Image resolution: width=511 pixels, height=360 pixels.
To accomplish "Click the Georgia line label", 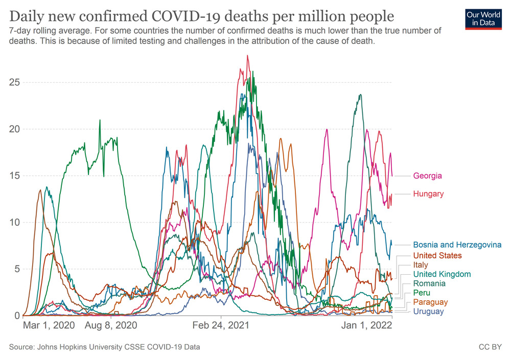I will (427, 176).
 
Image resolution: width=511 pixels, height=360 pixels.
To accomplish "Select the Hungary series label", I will (428, 194).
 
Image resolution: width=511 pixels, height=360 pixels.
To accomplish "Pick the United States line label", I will (437, 255).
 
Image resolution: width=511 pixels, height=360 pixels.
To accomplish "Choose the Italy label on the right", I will (421, 265).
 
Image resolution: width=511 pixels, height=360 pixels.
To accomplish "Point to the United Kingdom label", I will (442, 274).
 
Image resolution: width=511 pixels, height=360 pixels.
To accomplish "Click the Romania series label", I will (429, 283).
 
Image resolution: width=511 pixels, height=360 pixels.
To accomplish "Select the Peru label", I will (422, 293).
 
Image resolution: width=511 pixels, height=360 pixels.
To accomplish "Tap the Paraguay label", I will (430, 302).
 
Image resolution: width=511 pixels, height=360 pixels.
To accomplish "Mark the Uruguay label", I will (428, 311).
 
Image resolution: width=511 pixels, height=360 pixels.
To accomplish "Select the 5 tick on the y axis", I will (16, 269).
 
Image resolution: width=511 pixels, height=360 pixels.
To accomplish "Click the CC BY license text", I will (489, 347).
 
